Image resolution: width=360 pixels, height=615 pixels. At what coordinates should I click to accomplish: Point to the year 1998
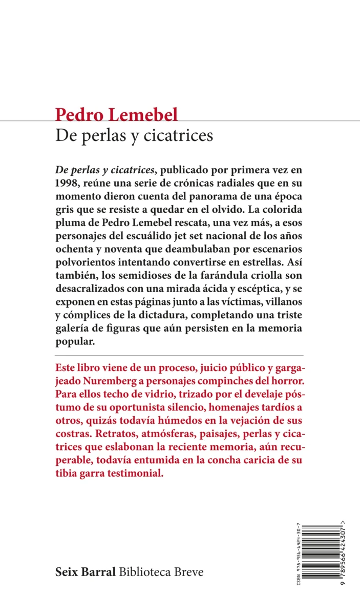point(67,183)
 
